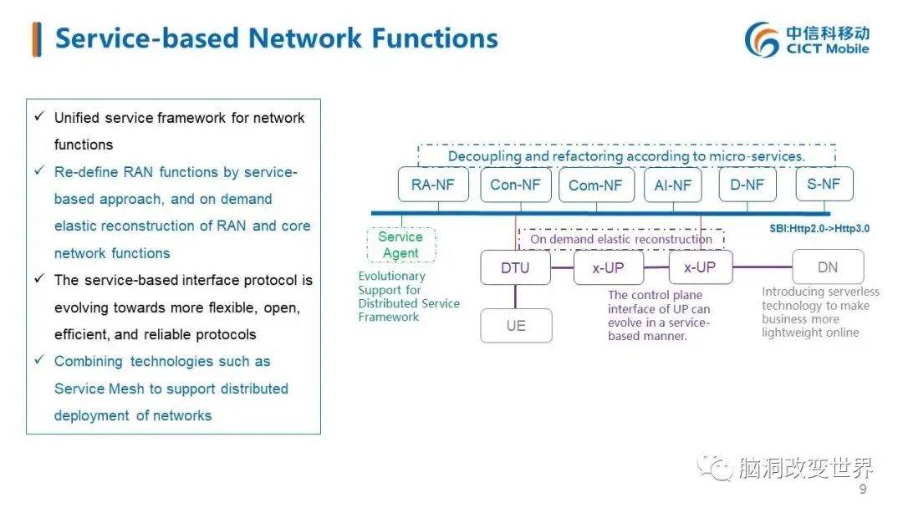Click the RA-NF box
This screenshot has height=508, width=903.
coord(433,185)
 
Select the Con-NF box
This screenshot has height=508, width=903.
coord(515,185)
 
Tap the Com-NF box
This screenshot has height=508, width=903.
coord(595,185)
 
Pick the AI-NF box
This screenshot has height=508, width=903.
coord(672,185)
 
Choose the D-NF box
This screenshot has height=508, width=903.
coord(747,185)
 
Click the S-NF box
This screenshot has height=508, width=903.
coord(824,184)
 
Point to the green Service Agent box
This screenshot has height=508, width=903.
coord(400,245)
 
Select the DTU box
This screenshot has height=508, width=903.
coord(515,267)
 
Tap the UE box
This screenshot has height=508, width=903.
coord(516,325)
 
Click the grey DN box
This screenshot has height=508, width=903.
coord(828,267)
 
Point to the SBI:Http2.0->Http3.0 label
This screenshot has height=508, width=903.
coord(819,228)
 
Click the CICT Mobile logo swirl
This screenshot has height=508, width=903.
coord(763,39)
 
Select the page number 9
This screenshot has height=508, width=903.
coord(863,489)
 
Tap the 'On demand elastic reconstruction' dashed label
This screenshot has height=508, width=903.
coord(621,239)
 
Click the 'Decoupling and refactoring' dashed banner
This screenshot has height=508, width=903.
coord(626,156)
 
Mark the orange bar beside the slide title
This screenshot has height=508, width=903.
coord(36,39)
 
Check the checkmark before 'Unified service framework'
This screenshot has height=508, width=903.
coord(38,116)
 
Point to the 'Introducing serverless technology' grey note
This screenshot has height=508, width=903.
coord(820,312)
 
